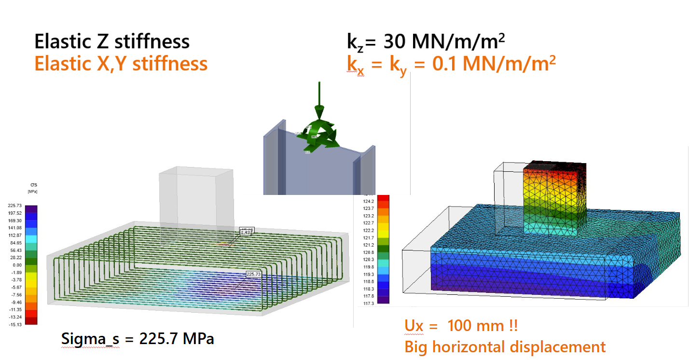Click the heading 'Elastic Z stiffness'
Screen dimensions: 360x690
(x=112, y=42)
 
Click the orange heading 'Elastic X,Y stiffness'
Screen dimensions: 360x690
(x=121, y=64)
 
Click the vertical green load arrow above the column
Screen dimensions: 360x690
(x=318, y=97)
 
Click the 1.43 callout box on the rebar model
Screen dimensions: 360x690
(x=245, y=233)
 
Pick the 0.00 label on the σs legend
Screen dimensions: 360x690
(x=13, y=265)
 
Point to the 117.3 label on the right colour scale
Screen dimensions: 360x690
(x=369, y=303)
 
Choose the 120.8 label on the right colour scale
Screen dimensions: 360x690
(x=369, y=252)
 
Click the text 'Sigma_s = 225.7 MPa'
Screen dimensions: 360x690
(x=138, y=339)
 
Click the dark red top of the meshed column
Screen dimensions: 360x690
(x=555, y=167)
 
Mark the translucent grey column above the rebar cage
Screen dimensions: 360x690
(x=195, y=198)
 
